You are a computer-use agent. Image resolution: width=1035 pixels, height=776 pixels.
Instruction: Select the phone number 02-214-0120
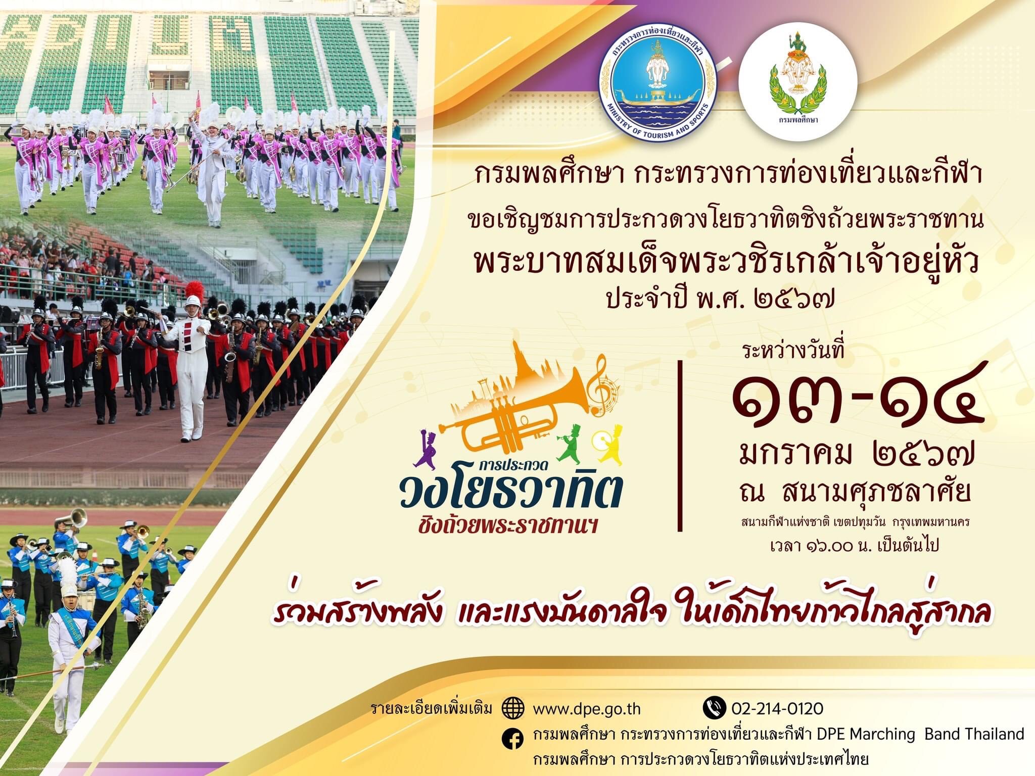coord(777,708)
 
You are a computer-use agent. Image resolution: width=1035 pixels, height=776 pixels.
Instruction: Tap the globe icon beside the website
coord(512,708)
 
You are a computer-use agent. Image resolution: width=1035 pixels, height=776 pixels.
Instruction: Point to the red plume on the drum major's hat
coord(194,290)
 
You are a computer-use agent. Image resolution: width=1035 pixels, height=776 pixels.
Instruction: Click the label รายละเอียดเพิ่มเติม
coord(431,708)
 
